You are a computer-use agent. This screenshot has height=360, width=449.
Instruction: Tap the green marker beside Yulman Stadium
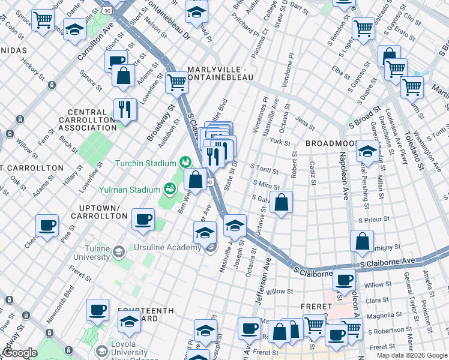point(171,188)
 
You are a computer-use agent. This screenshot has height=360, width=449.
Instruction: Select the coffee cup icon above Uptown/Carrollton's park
point(143,219)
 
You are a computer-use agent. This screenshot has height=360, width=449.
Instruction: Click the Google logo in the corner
point(20,353)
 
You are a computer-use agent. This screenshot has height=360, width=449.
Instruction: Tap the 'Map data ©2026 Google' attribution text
point(412,355)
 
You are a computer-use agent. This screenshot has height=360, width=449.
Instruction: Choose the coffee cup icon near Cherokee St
point(47,226)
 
